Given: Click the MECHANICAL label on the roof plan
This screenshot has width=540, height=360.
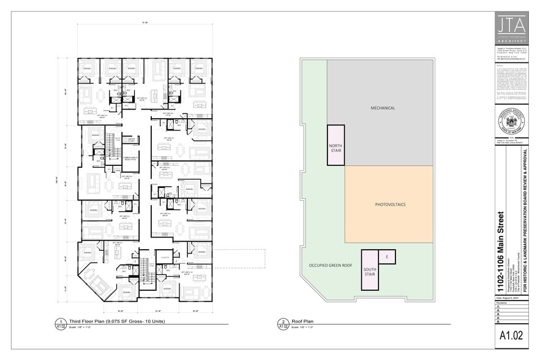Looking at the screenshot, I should tap(382, 108).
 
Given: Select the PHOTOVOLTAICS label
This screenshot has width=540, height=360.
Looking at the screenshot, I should tap(390, 204).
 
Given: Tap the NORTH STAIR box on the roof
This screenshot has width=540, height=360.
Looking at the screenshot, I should tap(336, 144).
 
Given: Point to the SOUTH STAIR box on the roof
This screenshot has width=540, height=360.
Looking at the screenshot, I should tap(370, 269).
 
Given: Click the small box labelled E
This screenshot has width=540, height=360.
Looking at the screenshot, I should tap(387, 256).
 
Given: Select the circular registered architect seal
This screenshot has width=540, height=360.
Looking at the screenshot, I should tap(513, 122).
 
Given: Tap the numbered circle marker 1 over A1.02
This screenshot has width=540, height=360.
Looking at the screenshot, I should tap(61, 321).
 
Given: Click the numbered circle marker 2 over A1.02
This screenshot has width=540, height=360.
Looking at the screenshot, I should tap(283, 321).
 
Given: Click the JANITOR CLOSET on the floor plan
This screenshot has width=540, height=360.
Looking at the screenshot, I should tap(129, 140).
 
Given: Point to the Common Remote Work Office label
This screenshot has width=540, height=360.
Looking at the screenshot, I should tap(131, 157).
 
